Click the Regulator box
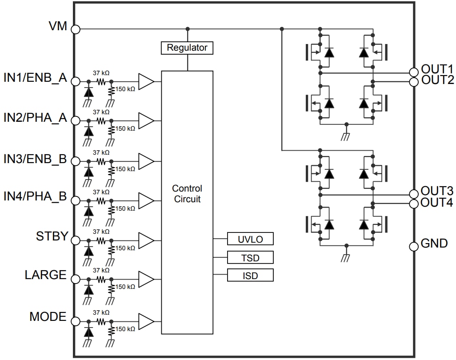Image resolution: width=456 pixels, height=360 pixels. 187,48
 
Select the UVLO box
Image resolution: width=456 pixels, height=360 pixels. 250,239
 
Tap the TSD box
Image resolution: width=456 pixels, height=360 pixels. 250,257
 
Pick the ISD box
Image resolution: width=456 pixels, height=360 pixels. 250,276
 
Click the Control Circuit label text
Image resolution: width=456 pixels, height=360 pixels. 187,194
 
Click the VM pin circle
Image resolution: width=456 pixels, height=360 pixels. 76,29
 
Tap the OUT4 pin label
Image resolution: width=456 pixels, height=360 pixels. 437,203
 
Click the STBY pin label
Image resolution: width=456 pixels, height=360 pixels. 52,236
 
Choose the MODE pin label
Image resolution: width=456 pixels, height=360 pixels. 48,317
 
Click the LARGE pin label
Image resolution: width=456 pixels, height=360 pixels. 45,275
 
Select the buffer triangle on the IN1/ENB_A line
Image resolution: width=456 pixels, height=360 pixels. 145,81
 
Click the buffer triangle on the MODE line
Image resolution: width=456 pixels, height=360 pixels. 145,321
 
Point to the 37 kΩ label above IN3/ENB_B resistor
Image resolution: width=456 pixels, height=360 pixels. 101,152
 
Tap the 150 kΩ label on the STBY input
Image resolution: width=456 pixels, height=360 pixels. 125,248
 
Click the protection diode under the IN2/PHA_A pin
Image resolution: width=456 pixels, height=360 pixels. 89,131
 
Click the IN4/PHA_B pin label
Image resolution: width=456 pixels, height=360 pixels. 35,196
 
